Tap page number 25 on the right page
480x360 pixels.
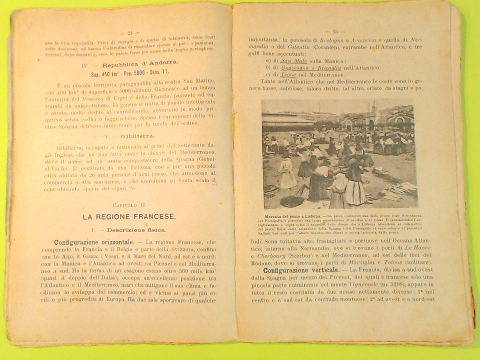[x=335, y=31]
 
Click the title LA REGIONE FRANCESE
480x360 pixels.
[x=129, y=216]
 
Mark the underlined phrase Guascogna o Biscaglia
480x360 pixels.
[x=304, y=67]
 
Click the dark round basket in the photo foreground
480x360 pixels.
[x=291, y=201]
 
